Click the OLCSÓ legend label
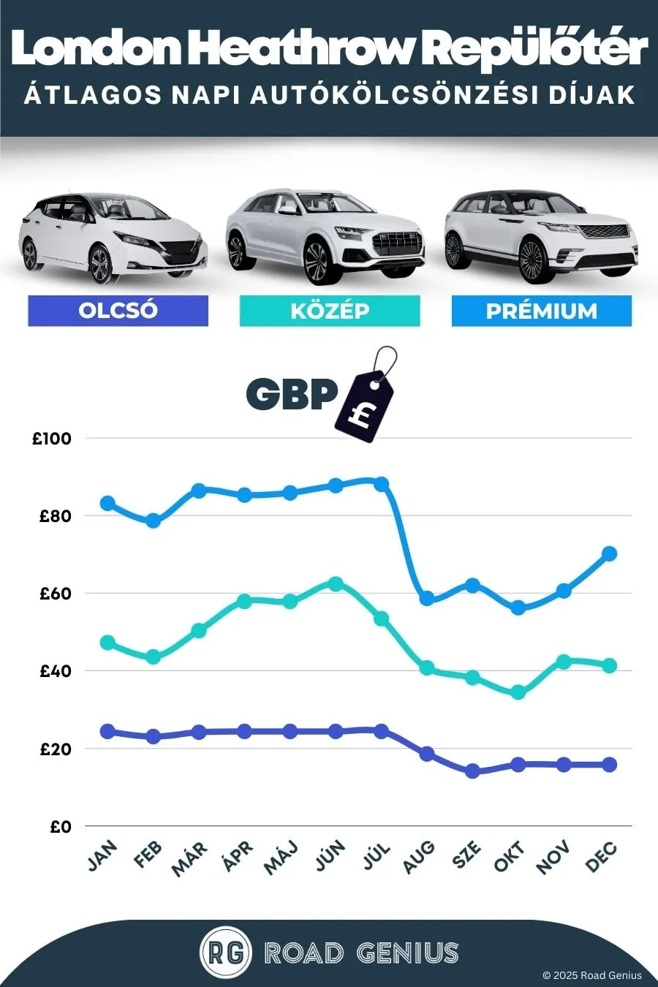pyautogui.click(x=118, y=311)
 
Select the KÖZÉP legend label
pyautogui.click(x=330, y=311)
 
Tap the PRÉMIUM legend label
pyautogui.click(x=542, y=311)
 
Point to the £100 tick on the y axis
pyautogui.click(x=51, y=439)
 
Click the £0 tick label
pyautogui.click(x=61, y=827)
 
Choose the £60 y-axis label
pyautogui.click(x=55, y=594)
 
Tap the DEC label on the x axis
pyautogui.click(x=601, y=857)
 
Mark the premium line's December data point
pyautogui.click(x=610, y=554)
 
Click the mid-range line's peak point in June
pyautogui.click(x=336, y=584)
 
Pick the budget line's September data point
pyautogui.click(x=472, y=771)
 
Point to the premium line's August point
pyautogui.click(x=427, y=599)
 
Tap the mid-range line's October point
pyautogui.click(x=518, y=692)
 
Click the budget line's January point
pyautogui.click(x=107, y=731)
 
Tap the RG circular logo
pyautogui.click(x=226, y=953)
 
